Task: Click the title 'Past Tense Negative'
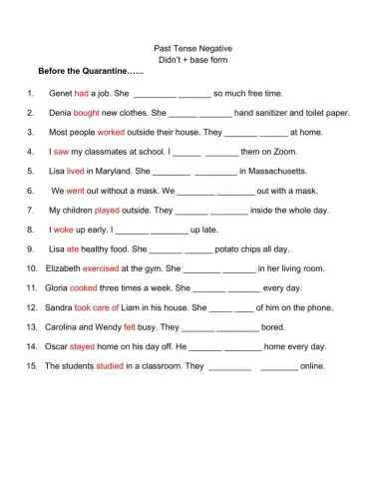185,47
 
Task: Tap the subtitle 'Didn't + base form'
185,59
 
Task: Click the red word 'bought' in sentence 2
87,113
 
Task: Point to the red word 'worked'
111,132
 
